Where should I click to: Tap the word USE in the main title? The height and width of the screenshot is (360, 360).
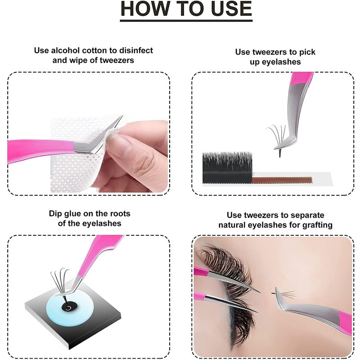click(231, 9)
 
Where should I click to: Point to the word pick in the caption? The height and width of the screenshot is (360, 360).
click(307, 52)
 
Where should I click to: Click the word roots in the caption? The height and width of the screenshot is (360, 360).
click(120, 213)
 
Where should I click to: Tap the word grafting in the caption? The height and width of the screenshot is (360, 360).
click(318, 225)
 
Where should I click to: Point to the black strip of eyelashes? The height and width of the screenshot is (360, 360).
click(227, 167)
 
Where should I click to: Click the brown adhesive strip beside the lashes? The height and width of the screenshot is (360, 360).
click(282, 180)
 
